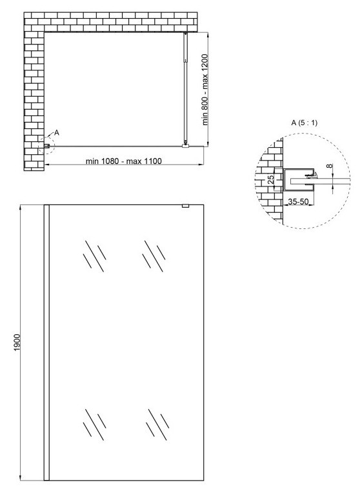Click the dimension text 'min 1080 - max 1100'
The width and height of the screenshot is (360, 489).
(123, 161)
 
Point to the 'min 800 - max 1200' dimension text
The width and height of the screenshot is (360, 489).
(205, 90)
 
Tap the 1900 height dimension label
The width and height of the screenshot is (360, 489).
(17, 342)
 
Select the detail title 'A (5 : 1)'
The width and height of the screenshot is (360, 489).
(304, 123)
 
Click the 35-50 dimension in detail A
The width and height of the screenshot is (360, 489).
(298, 201)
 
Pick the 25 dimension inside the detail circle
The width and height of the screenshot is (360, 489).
(271, 179)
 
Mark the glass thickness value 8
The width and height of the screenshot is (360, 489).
(330, 166)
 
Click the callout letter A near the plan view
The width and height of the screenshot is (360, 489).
(57, 132)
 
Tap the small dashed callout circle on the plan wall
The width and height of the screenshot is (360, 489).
(46, 146)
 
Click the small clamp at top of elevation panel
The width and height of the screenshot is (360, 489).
(185, 206)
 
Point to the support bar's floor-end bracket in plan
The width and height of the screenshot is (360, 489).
(185, 145)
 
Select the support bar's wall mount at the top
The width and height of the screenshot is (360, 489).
(186, 34)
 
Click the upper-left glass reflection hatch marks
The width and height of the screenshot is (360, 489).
(95, 255)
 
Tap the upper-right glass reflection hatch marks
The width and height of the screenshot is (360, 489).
(154, 255)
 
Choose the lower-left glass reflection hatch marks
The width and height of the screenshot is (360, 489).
(95, 424)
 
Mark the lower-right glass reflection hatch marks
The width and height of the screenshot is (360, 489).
(157, 424)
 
